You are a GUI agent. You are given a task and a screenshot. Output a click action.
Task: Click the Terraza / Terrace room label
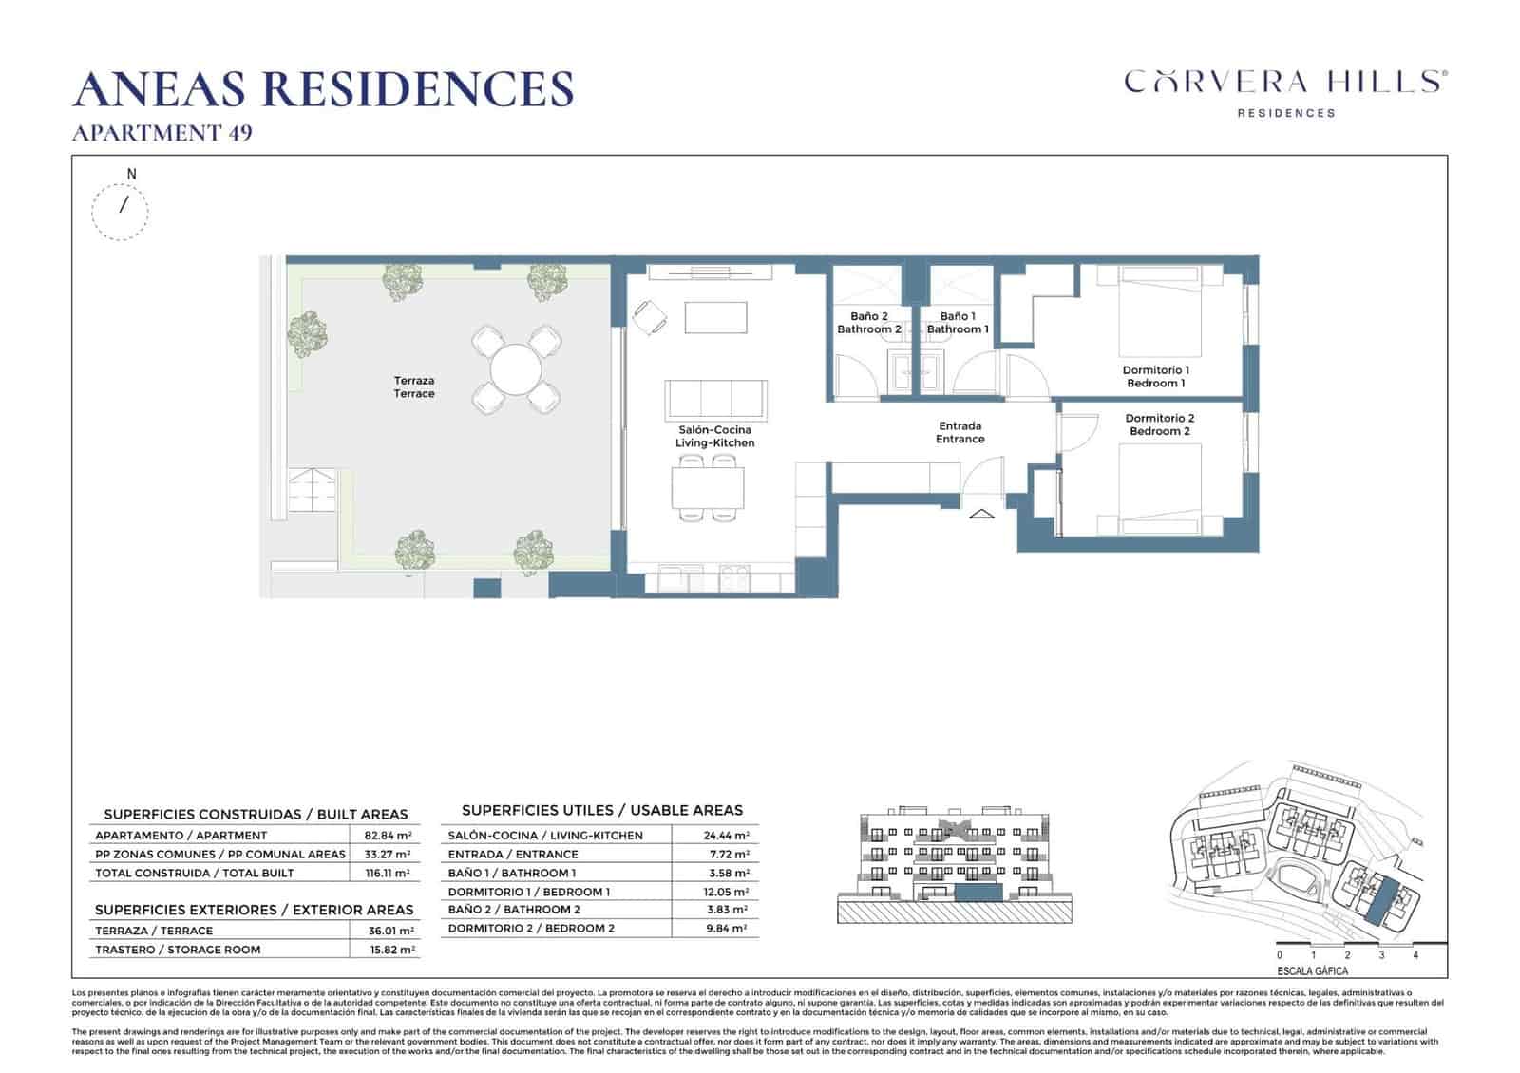point(414,387)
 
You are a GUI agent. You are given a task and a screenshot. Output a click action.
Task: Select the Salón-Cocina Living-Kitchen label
point(714,437)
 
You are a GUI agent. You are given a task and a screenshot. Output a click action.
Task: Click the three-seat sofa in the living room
point(714,399)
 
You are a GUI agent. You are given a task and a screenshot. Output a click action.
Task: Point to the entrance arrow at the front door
point(981,514)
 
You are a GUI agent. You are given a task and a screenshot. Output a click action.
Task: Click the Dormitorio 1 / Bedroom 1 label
point(1155,377)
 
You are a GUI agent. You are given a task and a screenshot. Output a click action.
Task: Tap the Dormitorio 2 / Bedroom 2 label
point(1159,424)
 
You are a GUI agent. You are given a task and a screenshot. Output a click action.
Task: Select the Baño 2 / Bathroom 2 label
point(868,323)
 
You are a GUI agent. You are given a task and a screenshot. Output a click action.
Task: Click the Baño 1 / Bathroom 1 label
point(958,323)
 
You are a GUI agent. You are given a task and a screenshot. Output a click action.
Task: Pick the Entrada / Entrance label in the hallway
point(959,433)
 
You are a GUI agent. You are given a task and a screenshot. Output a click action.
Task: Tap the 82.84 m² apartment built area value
point(388,836)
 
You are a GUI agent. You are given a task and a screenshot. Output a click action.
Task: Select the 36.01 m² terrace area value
point(390,931)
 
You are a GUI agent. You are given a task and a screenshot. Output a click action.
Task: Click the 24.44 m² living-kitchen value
point(727,836)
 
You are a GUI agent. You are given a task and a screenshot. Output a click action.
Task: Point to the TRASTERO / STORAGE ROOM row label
point(178,950)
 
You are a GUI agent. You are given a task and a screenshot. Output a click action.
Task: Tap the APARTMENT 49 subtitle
point(162,133)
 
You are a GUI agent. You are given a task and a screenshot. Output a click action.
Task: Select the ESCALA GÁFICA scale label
point(1312,971)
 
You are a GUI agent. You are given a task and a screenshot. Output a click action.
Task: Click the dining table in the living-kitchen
point(708,489)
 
